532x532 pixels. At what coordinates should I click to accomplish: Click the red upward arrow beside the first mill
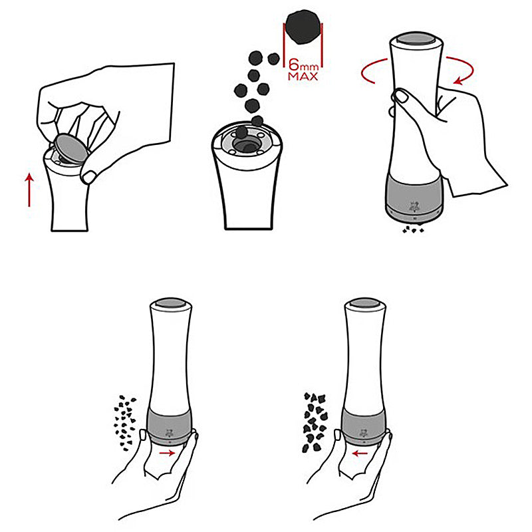tap(29, 190)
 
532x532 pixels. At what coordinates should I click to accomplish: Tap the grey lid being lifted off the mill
tap(72, 148)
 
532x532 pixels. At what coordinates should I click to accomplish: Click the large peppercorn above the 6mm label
tap(303, 27)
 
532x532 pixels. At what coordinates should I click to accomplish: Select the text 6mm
tap(303, 64)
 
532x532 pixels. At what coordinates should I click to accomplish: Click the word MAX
tap(303, 76)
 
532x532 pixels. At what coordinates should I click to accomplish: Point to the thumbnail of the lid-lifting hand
tap(90, 177)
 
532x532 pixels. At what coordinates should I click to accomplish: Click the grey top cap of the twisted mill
tap(416, 39)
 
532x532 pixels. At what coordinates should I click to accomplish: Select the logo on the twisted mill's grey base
tap(414, 207)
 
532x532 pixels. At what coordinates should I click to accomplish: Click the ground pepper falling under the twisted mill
tap(413, 229)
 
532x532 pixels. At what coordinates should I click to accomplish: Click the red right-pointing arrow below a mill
tap(168, 453)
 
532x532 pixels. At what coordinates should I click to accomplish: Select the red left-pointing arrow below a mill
tap(360, 454)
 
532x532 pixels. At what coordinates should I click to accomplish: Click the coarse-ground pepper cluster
tap(315, 422)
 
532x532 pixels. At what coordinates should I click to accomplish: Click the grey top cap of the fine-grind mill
tap(171, 303)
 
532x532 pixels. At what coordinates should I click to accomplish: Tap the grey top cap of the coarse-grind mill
tap(365, 303)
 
